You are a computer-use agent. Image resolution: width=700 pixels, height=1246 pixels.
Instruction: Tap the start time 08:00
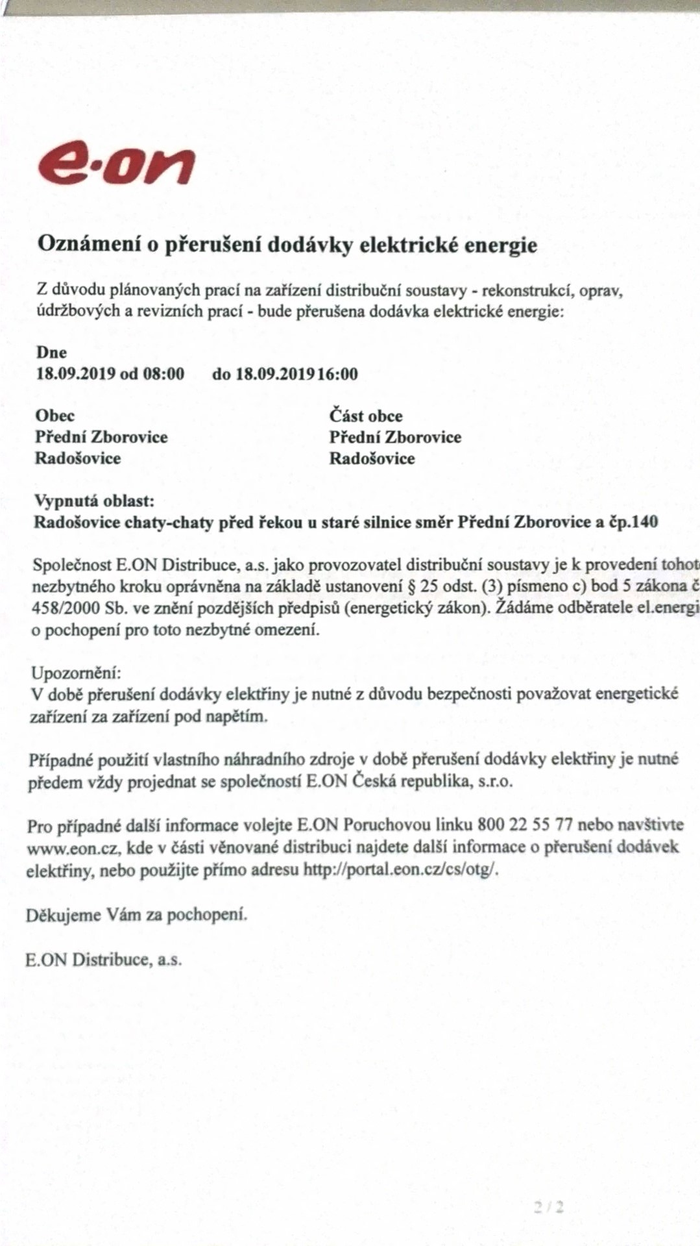coord(163,374)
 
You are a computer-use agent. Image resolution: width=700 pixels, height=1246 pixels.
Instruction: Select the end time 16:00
coord(337,374)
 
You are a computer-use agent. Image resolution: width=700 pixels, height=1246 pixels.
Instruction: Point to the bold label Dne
coord(51,353)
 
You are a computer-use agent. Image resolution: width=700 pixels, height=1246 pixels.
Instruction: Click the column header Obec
coord(54,416)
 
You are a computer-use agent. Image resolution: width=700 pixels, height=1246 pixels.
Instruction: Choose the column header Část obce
coord(365,416)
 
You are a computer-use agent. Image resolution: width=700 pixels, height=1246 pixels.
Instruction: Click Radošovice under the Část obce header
coord(372,458)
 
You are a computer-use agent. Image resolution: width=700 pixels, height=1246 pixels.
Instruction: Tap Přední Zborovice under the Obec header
coord(101,437)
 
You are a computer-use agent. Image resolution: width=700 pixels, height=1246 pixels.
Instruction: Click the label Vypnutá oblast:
coord(94,501)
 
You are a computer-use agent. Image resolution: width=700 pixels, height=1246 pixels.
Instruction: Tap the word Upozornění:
coord(76,673)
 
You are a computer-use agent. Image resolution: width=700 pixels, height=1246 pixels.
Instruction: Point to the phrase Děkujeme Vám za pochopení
coord(136,916)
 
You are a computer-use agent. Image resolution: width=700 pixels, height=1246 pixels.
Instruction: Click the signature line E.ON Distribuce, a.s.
coord(103,960)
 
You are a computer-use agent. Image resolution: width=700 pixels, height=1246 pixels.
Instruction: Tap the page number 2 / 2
coord(549,1207)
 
